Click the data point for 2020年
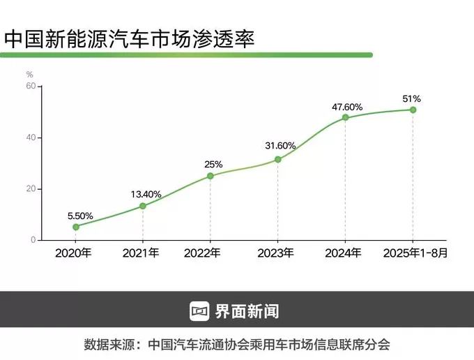click(76, 227)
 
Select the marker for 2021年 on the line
click(143, 206)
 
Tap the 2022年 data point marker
click(211, 176)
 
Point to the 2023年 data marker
click(278, 160)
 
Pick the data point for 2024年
click(345, 117)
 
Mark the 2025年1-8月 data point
click(413, 110)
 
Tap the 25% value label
click(213, 164)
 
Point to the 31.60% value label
click(280, 146)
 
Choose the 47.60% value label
click(347, 107)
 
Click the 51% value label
click(412, 98)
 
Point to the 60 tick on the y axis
click(31, 86)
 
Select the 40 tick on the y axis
click(31, 137)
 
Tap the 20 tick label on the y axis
click(31, 189)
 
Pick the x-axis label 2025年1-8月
click(415, 253)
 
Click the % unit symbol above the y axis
click(30, 73)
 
